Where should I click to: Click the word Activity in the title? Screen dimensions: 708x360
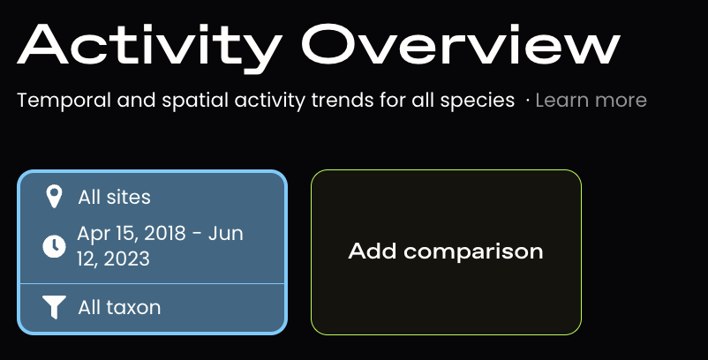[x=150, y=47]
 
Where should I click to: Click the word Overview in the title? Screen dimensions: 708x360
[x=461, y=43]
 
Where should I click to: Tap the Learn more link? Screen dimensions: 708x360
[x=591, y=101]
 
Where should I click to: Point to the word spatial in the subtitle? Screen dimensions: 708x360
[x=195, y=101]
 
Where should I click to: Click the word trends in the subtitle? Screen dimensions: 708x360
[x=343, y=101]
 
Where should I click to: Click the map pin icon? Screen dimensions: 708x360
[x=54, y=197]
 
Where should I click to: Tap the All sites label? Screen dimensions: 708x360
[x=114, y=197]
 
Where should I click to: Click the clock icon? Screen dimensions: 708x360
[x=54, y=246]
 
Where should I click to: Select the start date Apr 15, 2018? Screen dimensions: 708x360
[x=132, y=233]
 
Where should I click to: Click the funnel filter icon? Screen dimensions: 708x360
[x=54, y=307]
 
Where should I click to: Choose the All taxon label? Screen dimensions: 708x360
[x=119, y=308]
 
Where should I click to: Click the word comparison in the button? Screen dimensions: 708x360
[x=473, y=251]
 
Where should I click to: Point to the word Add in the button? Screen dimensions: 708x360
[x=372, y=251]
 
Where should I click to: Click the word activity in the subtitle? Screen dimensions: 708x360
[x=269, y=101]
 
